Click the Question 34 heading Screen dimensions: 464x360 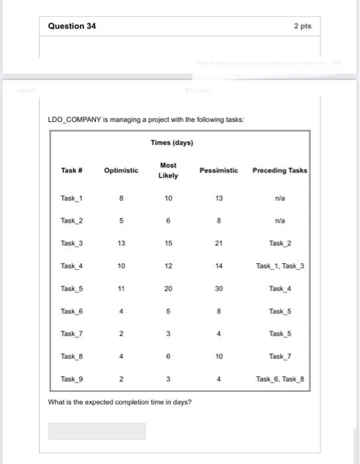point(72,26)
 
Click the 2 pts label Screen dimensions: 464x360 point(302,26)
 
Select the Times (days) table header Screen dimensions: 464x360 point(172,143)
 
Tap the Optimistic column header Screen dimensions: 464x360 point(121,170)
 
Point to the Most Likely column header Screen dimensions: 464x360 point(168,170)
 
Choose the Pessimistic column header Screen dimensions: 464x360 point(219,170)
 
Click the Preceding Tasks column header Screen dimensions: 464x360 point(279,170)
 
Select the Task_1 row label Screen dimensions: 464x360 point(72,198)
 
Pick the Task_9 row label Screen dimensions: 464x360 point(72,378)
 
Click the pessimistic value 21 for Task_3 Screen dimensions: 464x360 point(219,243)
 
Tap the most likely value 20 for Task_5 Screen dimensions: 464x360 point(168,288)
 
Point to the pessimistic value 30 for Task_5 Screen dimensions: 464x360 point(219,288)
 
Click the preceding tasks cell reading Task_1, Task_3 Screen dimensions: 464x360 point(279,266)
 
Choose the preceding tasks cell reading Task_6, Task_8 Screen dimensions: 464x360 point(279,378)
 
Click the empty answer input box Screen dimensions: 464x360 point(97,431)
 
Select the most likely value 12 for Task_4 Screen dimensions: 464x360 point(168,266)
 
